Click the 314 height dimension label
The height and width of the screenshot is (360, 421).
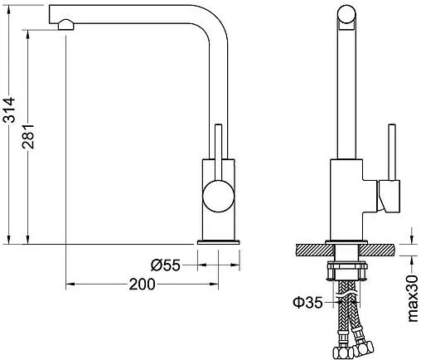pos(8,109)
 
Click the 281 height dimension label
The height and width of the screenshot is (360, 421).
pos(28,136)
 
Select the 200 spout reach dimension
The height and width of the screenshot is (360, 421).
pos(143,285)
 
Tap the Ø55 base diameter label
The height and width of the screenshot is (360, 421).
pos(166,265)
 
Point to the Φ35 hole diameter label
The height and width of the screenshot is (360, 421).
pos(307,302)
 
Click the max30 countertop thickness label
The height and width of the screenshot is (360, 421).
pos(413,299)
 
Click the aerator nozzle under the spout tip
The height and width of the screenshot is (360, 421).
pos(65,24)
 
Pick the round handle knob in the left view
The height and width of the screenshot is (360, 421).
pos(219,196)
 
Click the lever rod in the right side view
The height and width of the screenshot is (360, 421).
pos(392,153)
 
